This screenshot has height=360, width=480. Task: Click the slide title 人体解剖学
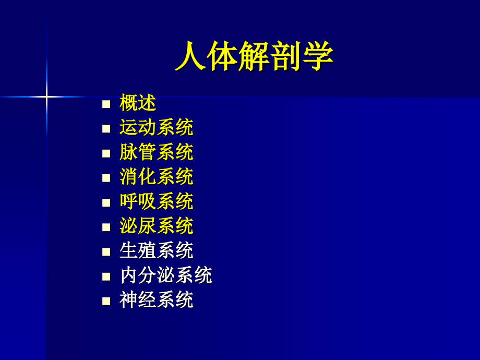254,56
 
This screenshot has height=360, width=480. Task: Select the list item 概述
138,103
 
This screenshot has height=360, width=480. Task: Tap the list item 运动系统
156,127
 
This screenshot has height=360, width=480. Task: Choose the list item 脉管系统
156,152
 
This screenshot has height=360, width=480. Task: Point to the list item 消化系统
156,177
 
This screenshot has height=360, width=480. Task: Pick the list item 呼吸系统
156,201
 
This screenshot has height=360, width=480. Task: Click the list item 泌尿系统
156,226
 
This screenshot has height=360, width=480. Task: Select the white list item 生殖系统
156,250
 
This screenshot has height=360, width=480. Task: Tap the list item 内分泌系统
165,275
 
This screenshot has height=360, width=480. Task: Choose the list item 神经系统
156,300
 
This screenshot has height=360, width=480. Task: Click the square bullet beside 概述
106,104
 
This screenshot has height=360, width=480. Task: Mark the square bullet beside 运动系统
106,128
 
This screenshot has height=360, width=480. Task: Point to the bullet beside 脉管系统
106,153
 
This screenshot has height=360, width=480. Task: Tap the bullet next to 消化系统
106,178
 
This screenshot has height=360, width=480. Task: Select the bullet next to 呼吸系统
106,202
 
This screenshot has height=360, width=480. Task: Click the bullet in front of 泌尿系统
106,227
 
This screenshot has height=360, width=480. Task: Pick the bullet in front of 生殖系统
106,251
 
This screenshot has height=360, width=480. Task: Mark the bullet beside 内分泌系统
106,277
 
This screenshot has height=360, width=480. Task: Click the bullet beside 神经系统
106,301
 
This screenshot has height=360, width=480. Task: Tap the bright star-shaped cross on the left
46,97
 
